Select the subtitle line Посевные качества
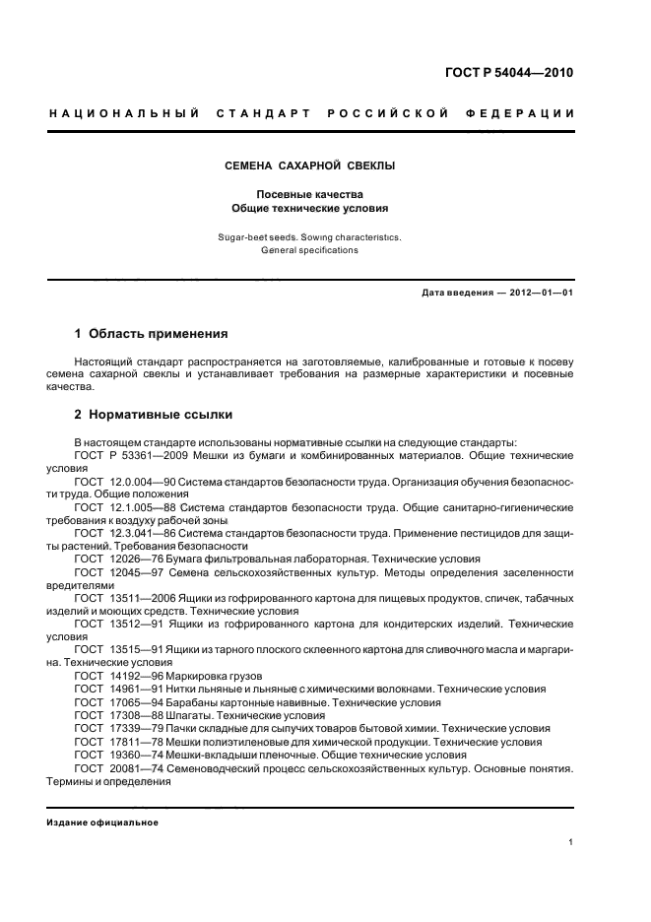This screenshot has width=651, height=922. [x=310, y=194]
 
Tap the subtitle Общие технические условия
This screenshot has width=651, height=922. [x=310, y=209]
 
